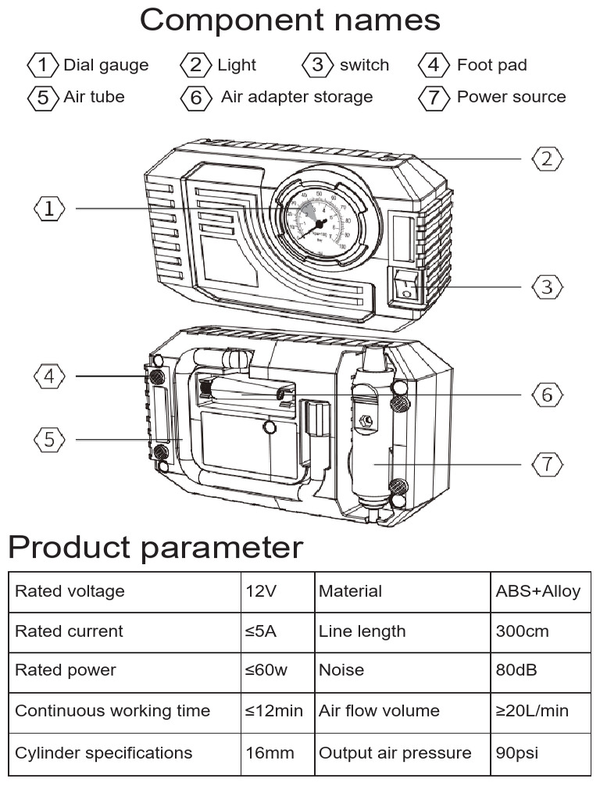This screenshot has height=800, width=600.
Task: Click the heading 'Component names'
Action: (289, 20)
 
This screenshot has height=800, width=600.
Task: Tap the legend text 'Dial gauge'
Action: (105, 65)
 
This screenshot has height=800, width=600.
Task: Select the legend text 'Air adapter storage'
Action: (297, 97)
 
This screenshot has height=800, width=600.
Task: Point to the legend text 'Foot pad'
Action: (491, 65)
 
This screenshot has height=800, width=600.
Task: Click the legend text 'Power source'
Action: (511, 97)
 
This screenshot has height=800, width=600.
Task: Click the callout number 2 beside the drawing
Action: (547, 159)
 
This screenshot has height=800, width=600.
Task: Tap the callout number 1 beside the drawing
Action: (50, 209)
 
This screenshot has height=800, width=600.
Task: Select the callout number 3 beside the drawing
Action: (547, 287)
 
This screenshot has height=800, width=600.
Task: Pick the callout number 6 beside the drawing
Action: (547, 395)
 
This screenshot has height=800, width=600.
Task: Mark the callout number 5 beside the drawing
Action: (50, 440)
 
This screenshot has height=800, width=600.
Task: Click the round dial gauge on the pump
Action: (320, 223)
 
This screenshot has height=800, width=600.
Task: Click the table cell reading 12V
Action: (260, 591)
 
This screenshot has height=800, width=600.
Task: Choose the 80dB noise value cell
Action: (516, 670)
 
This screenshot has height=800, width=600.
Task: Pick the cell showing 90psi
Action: (517, 753)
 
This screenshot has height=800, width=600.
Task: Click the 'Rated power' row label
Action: (66, 670)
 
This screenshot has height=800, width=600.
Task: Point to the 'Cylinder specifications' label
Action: (104, 753)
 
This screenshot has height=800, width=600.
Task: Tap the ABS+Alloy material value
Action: (537, 591)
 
